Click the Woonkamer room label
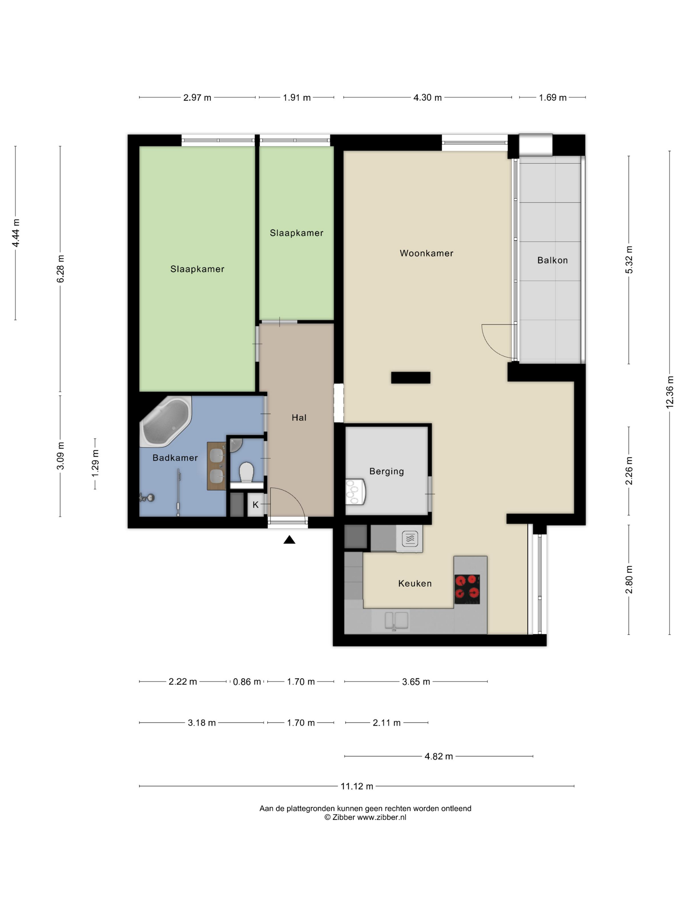pos(426,253)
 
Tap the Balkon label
pos(553,260)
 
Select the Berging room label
pos(387,471)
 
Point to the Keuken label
pos(415,583)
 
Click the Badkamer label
pos(175,458)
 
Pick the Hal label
pos(299,418)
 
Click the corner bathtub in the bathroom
pos(166,421)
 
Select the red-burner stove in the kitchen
pos(467,589)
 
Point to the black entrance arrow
pos(289,540)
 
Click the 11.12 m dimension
pos(357,786)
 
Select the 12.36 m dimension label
pos(670,392)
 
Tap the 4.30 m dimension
pos(427,98)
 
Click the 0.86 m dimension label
pos(247,682)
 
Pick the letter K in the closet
pos(256,505)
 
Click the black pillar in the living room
pos(410,378)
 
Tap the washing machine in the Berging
pos(356,492)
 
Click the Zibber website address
pos(382,817)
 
